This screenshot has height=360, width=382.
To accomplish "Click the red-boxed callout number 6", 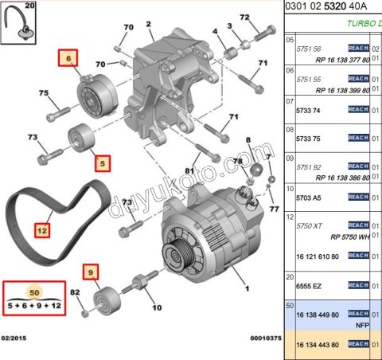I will click(68, 58).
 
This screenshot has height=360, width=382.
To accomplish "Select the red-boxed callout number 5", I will click(101, 165).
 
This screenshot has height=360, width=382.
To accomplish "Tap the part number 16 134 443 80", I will click(318, 344).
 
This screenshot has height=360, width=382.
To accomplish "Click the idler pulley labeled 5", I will click(80, 139).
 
